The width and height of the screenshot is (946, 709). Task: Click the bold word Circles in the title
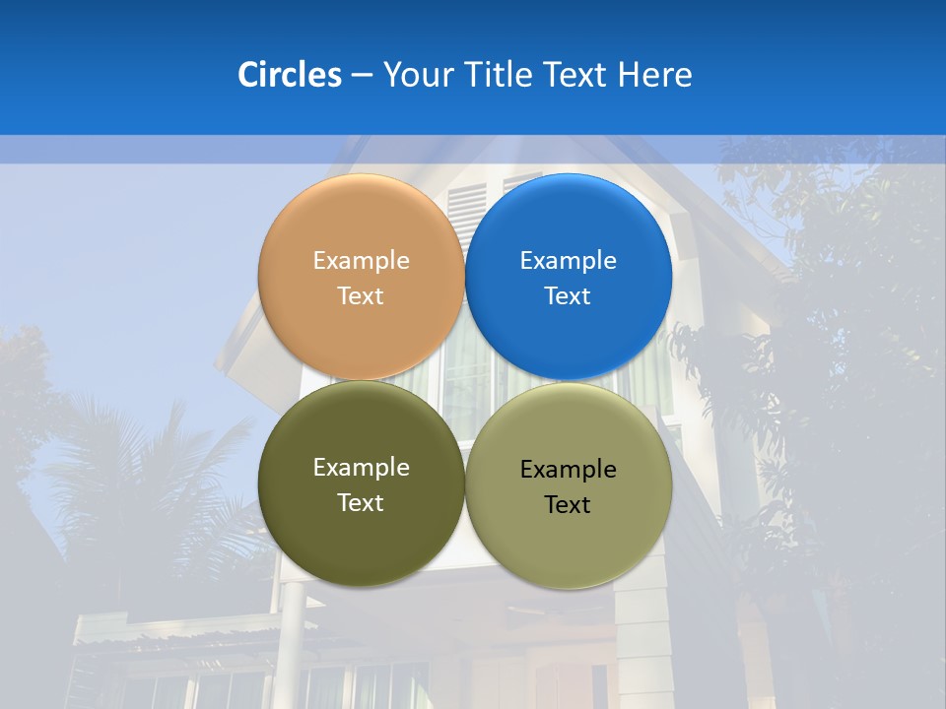tap(290, 75)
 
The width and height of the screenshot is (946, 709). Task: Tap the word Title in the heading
tap(499, 75)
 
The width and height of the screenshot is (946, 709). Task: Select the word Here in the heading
tap(654, 75)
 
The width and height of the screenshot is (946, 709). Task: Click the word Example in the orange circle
tap(361, 261)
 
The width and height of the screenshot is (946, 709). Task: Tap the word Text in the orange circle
tap(361, 296)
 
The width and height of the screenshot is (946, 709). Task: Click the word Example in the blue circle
tap(569, 261)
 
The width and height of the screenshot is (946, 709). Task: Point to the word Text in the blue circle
tap(569, 296)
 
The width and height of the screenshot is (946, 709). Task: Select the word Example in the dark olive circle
tap(361, 468)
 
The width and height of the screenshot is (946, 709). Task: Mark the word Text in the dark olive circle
tap(361, 503)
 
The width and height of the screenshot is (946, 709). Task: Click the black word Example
tap(569, 470)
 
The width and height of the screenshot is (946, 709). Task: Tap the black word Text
tap(569, 505)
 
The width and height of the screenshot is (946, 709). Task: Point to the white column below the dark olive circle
tap(293, 630)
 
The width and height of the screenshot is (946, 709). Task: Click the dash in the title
tap(362, 76)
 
